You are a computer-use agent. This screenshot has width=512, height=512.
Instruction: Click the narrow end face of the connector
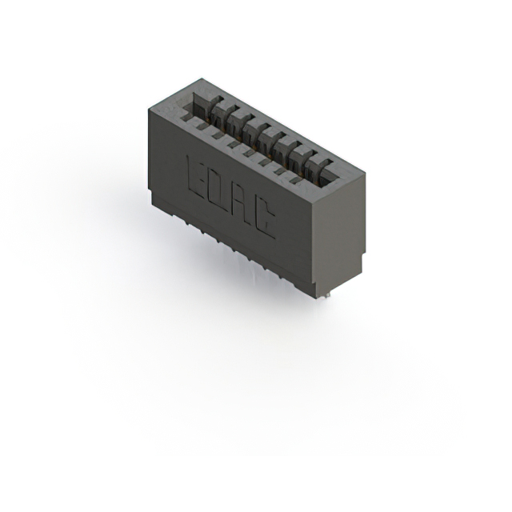(336, 232)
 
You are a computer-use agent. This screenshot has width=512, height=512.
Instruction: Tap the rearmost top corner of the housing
(200, 78)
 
